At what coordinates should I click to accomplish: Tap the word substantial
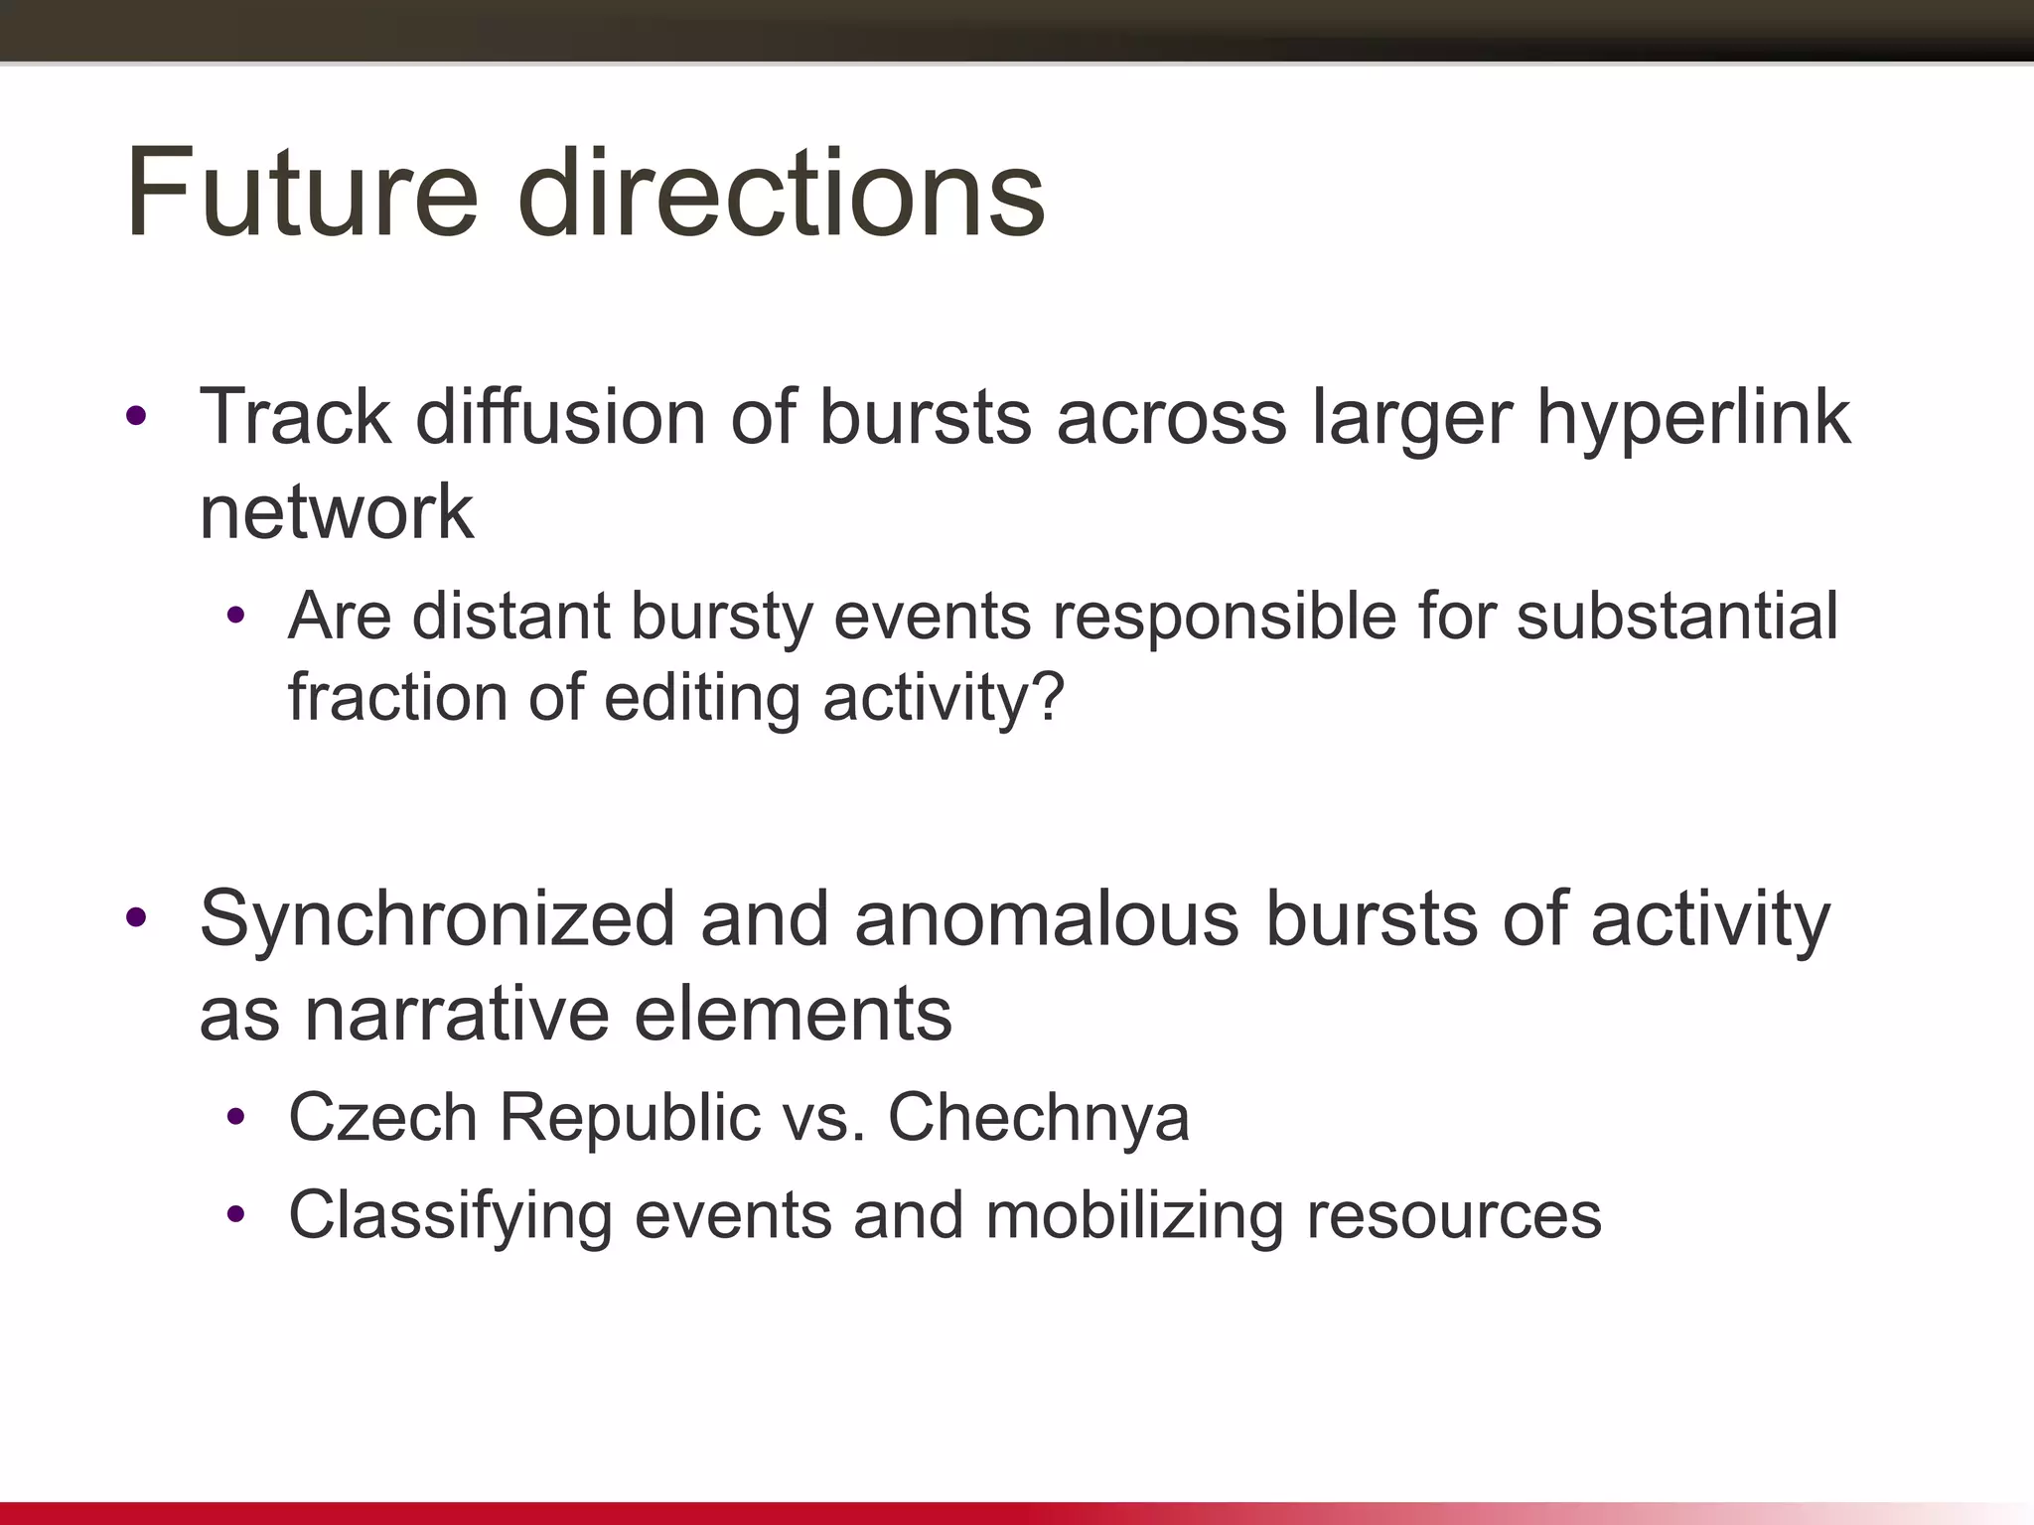(1677, 616)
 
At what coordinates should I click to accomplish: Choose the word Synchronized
(438, 919)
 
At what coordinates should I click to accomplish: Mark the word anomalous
(1047, 919)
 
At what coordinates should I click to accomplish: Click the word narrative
(457, 1015)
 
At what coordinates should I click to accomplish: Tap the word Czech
(382, 1118)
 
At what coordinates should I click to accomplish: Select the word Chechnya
(1038, 1118)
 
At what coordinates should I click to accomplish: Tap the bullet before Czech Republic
(235, 1118)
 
